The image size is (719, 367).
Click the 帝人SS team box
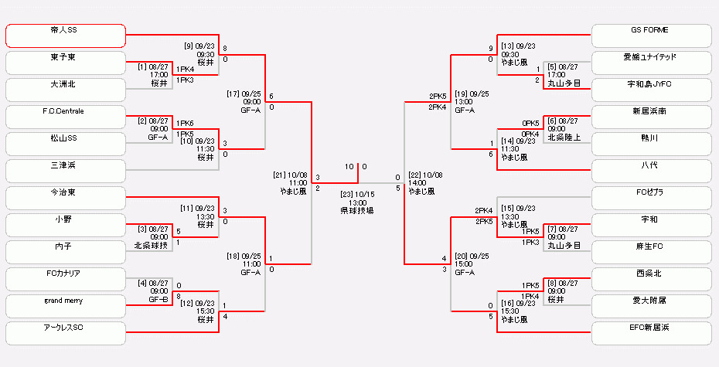[65, 36]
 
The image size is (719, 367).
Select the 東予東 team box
[65, 63]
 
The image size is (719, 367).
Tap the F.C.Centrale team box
[65, 117]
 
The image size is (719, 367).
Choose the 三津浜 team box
[65, 171]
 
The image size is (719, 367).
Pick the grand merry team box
[65, 306]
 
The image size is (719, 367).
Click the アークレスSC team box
[65, 333]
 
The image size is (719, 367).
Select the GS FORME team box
[651, 36]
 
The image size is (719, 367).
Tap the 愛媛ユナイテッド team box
[651, 63]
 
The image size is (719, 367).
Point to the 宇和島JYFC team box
[651, 90]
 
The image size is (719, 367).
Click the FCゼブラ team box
[651, 198]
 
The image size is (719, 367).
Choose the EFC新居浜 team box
[651, 333]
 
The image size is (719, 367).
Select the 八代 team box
[651, 171]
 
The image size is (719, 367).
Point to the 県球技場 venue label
[356, 210]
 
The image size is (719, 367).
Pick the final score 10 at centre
[349, 166]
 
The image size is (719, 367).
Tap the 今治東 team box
[65, 198]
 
